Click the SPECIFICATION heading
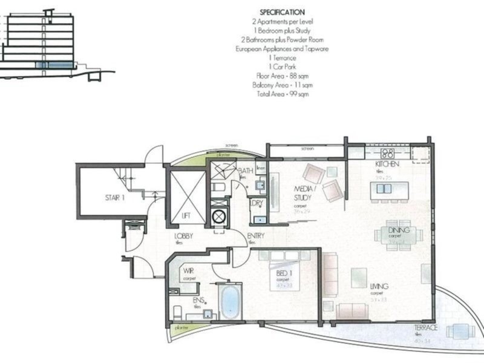[x=281, y=11]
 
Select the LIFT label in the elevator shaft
[x=187, y=215]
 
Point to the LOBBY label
[x=183, y=237]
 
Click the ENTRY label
[x=255, y=237]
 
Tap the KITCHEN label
[x=385, y=165]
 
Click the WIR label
[x=189, y=272]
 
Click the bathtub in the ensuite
[x=230, y=302]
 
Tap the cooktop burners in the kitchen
[x=387, y=153]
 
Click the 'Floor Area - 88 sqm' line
[x=281, y=76]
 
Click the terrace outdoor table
[x=460, y=331]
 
